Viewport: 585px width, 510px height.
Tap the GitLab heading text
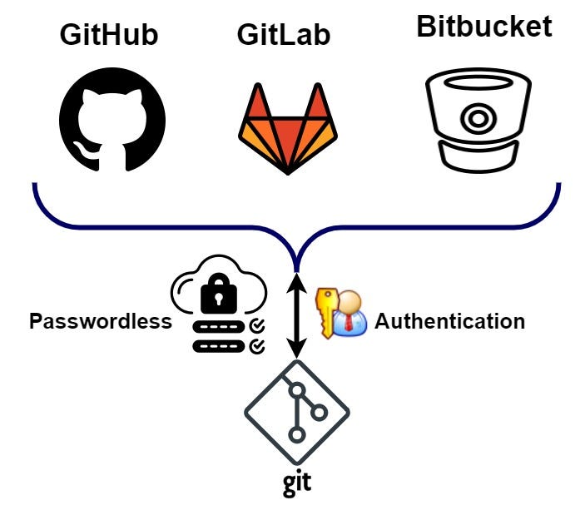[x=284, y=35]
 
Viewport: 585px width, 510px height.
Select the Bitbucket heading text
[x=483, y=27]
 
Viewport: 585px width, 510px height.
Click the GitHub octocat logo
[x=112, y=118]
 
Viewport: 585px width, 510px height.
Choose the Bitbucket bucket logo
[x=473, y=119]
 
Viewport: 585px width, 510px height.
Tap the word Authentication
[x=449, y=321]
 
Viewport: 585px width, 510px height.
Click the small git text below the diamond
[x=296, y=483]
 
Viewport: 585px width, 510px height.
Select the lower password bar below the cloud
[x=220, y=344]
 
